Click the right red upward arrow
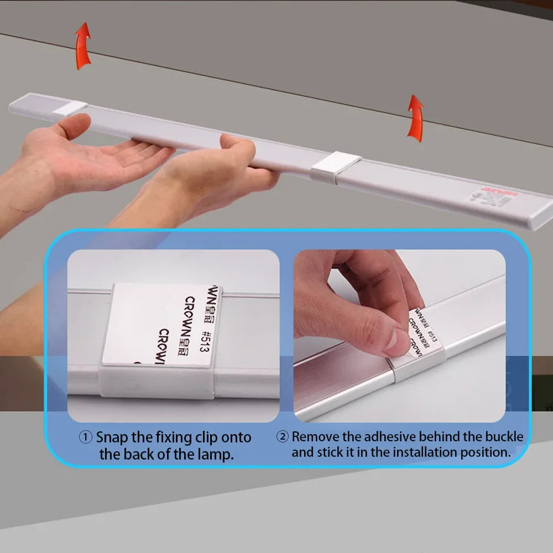[415, 118]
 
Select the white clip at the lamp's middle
[336, 166]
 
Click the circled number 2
[283, 437]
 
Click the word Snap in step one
[112, 437]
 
